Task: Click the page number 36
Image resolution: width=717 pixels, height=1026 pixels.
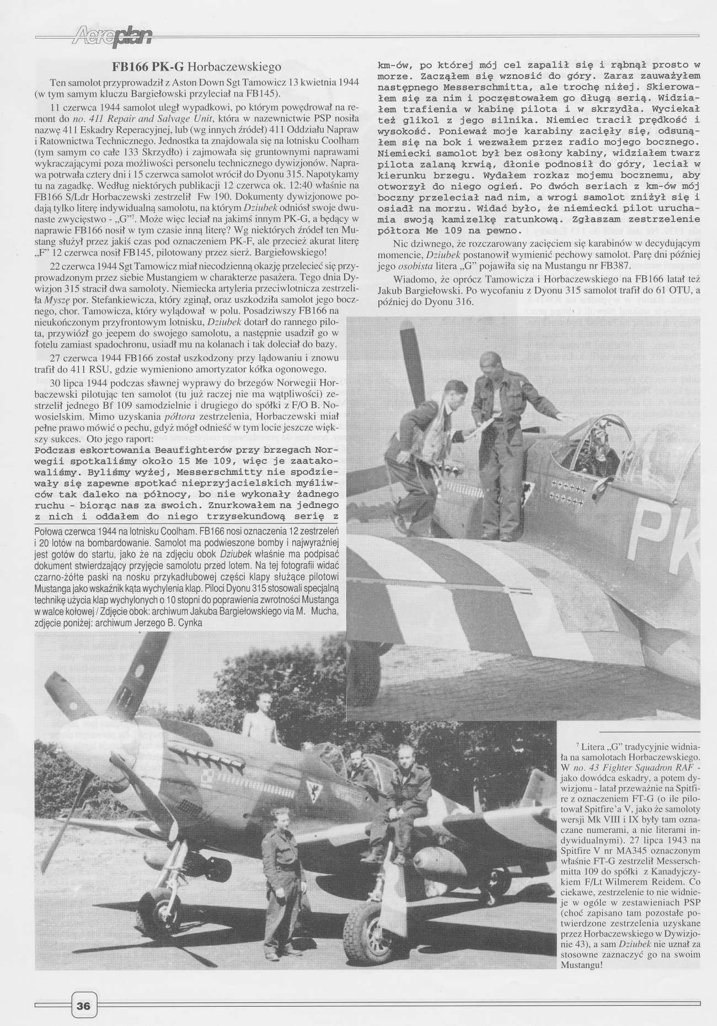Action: pos(84,1005)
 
